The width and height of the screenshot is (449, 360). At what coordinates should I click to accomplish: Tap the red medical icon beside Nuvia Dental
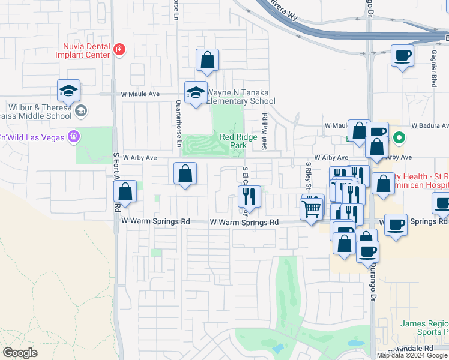tap(119, 49)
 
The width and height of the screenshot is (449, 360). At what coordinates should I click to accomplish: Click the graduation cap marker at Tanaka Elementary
tap(196, 92)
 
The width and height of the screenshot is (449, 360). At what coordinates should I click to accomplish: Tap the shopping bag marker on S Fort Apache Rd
tap(125, 192)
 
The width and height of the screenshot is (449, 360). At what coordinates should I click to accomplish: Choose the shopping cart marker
tap(311, 209)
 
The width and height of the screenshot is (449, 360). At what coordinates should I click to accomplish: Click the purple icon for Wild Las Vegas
tap(74, 136)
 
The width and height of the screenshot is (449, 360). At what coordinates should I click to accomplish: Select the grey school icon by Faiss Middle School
tap(81, 111)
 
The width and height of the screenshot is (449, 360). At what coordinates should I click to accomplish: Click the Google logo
tap(20, 352)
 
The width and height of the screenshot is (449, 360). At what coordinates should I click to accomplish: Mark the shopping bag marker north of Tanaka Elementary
tap(207, 60)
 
